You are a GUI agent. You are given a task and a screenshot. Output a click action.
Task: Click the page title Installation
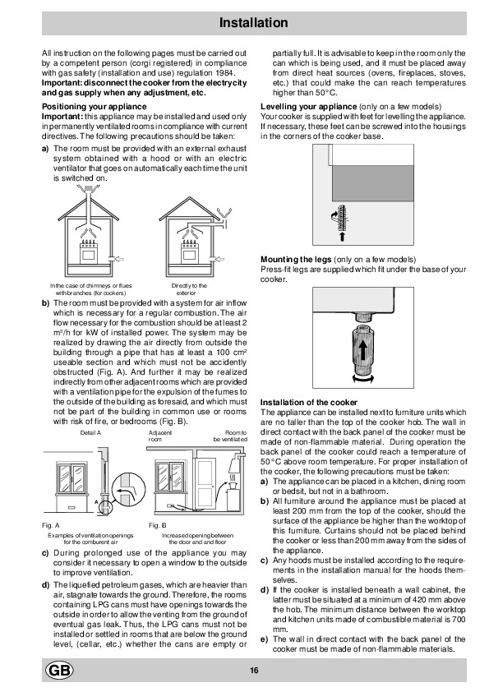coord(253,23)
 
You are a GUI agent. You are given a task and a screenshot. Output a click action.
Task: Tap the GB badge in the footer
coord(59,671)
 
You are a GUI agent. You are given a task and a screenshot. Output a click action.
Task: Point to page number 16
coord(254,671)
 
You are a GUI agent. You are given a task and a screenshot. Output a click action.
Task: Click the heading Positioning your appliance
coord(94,106)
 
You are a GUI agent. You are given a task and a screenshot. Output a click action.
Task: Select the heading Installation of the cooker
coord(308,402)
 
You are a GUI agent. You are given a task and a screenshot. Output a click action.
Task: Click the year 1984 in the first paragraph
coord(225,73)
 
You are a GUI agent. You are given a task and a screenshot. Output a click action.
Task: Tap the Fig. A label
coord(50,525)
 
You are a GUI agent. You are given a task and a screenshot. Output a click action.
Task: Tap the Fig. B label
coord(158,525)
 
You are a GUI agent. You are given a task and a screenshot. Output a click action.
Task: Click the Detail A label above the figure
coord(90,432)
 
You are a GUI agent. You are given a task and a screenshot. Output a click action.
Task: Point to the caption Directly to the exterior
coord(189,289)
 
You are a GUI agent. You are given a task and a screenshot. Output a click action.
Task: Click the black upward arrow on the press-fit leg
coord(362,351)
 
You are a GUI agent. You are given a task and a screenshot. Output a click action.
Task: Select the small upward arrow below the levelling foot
coord(342,237)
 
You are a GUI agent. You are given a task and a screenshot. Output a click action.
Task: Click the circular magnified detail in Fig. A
coord(128,491)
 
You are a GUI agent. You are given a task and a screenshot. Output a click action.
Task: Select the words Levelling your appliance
coord(308,106)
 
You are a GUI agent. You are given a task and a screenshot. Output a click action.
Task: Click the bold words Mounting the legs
coord(296,259)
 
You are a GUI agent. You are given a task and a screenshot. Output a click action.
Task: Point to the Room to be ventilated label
coord(230,436)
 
